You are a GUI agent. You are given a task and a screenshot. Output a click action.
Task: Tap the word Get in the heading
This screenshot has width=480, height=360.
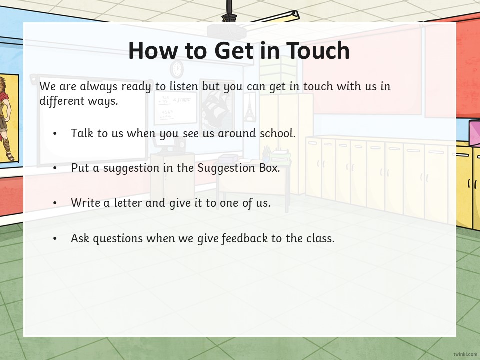click(x=234, y=50)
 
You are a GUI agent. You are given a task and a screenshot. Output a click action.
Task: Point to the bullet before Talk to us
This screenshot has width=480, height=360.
click(x=55, y=134)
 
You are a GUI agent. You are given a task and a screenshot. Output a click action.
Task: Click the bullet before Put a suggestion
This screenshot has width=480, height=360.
click(x=55, y=168)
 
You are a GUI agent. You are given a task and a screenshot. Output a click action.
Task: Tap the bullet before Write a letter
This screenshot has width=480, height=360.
click(x=55, y=203)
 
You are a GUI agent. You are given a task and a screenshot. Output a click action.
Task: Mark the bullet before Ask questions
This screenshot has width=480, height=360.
click(x=55, y=239)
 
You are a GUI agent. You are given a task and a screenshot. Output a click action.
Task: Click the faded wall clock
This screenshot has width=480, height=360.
click(x=177, y=69)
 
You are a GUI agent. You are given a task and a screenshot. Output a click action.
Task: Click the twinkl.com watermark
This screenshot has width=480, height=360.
click(x=465, y=354)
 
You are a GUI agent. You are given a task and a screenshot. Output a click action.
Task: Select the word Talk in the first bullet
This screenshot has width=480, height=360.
click(x=82, y=133)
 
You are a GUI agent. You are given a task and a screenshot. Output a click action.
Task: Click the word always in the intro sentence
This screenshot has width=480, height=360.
click(x=98, y=87)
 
